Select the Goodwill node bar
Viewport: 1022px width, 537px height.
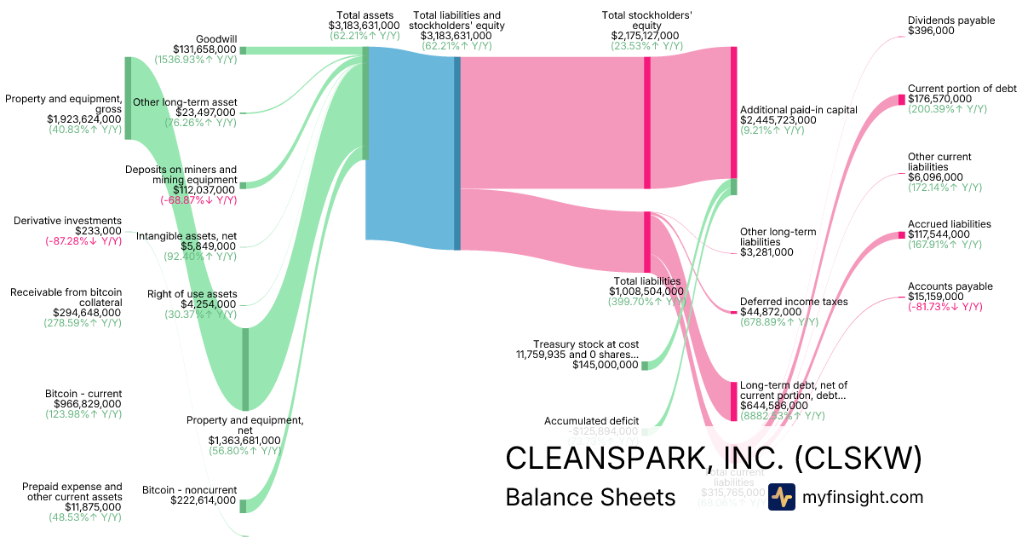243,50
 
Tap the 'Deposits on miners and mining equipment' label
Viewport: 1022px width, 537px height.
181,175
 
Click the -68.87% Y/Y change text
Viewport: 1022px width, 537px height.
198,200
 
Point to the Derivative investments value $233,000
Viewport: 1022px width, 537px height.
98,231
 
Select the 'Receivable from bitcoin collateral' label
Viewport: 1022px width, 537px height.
66,297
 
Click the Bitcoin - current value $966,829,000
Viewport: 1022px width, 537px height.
83,404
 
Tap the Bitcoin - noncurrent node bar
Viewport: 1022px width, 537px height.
243,506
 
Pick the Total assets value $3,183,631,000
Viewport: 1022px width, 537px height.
364,26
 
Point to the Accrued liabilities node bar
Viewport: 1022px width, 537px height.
902,234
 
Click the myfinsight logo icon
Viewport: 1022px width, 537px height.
781,497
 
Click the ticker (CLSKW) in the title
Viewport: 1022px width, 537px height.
859,459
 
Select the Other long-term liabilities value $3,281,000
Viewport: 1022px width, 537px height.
766,252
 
